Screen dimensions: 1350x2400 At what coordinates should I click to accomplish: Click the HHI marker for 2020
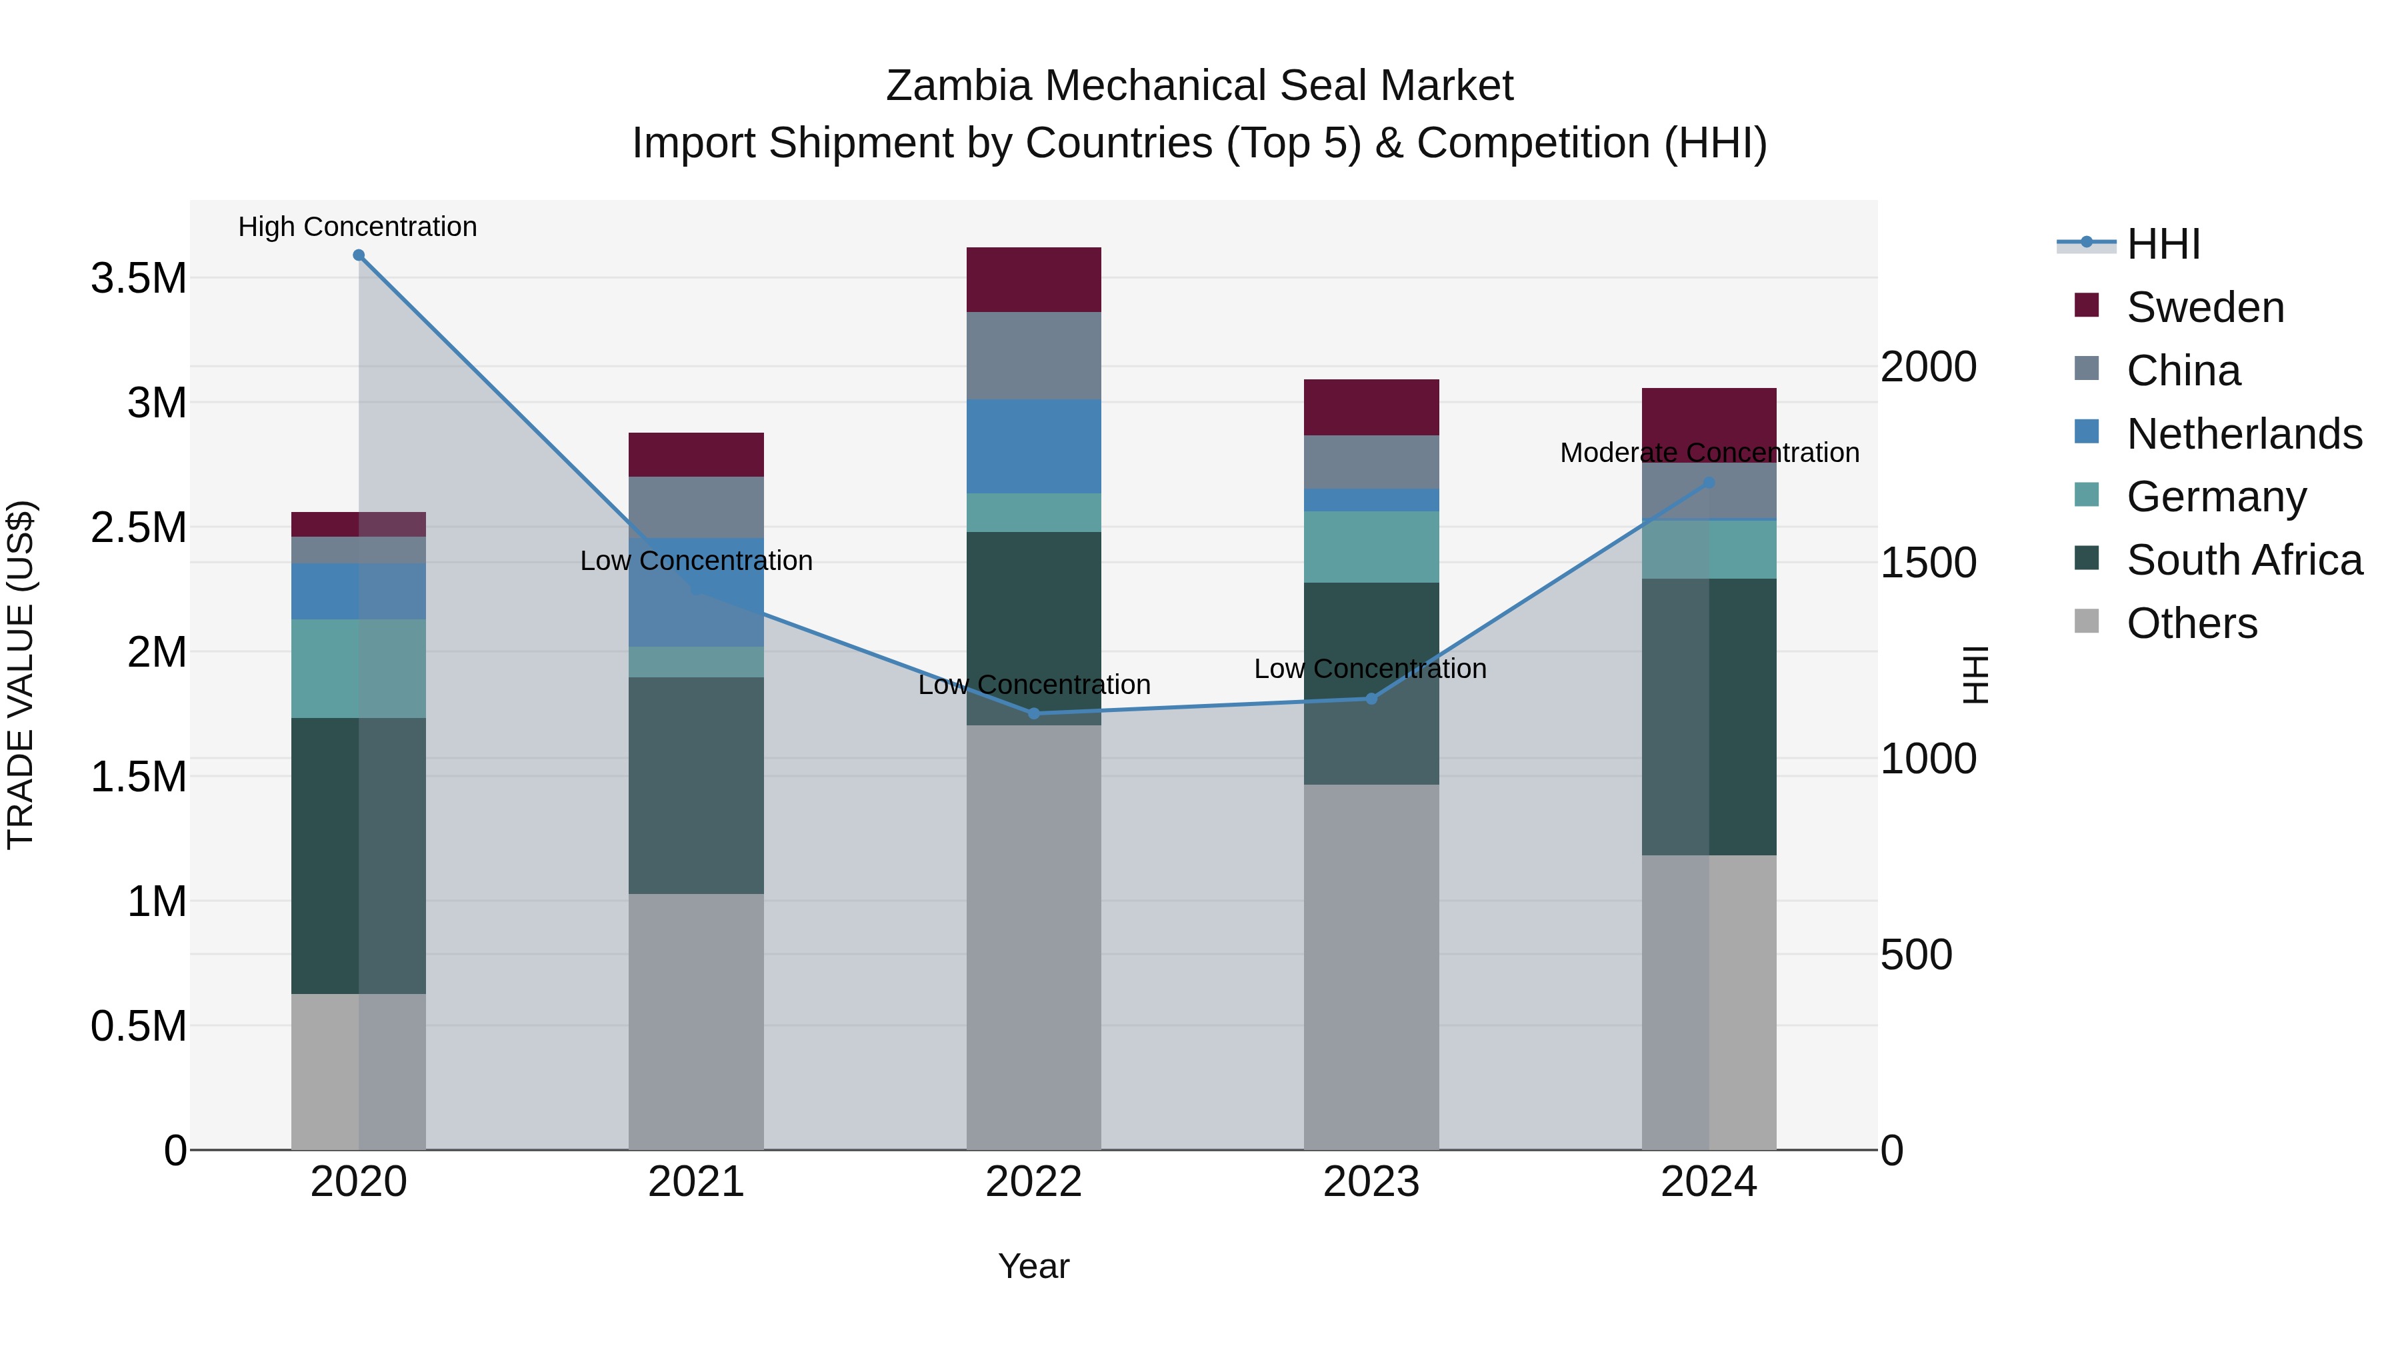coord(359,255)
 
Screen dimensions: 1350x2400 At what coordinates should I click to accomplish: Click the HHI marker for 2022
coord(1033,713)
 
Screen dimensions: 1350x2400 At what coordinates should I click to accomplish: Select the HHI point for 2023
coord(1371,699)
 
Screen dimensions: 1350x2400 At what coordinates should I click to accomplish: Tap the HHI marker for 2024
coord(1709,483)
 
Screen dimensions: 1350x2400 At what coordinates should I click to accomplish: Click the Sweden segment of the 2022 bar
coord(1033,279)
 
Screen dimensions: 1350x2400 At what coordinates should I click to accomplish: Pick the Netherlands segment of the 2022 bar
coord(1033,446)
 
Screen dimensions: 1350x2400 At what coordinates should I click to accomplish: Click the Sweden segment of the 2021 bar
coord(696,455)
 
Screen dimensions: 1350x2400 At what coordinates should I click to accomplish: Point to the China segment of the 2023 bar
coord(1371,462)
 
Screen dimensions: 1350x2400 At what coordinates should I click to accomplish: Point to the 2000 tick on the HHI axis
coord(1927,367)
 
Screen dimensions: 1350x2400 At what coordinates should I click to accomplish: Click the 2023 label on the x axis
coord(1371,1182)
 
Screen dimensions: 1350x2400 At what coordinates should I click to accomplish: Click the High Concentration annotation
coord(358,227)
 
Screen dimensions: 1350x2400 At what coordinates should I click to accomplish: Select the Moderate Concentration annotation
coord(1709,453)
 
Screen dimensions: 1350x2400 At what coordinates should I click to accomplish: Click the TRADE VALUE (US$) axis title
coord(21,675)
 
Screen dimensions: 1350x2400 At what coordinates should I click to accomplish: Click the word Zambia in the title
coord(959,86)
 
